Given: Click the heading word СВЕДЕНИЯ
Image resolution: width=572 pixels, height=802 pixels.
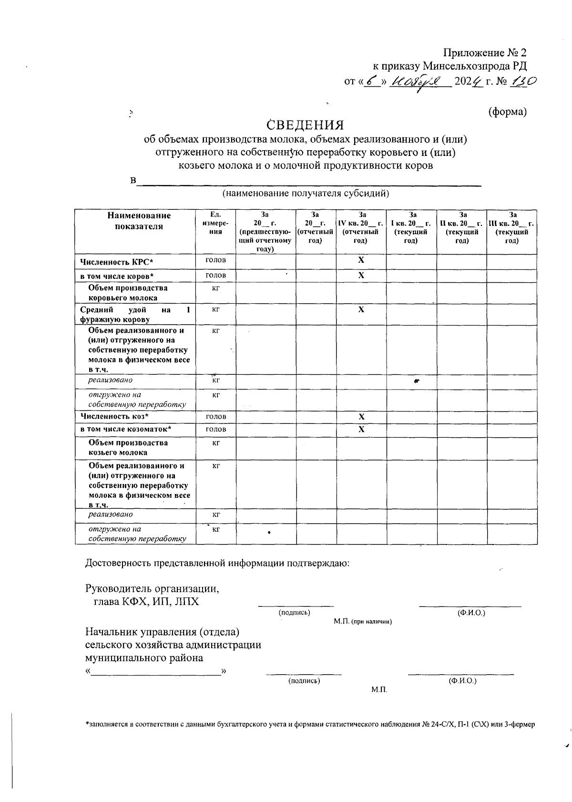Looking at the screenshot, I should pos(306,125).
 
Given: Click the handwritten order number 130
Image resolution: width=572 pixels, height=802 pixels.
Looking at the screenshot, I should pos(524,81).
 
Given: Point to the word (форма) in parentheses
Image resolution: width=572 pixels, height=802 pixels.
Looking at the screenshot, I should pos(508,112).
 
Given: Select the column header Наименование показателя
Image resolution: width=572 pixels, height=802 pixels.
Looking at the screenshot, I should pos(139,221).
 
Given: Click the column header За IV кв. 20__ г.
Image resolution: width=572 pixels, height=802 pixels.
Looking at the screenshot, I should pos(361,227).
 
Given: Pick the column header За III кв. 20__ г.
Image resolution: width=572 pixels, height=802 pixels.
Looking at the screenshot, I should pos(512,227).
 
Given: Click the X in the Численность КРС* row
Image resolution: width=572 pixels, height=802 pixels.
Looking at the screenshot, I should pos(361,260).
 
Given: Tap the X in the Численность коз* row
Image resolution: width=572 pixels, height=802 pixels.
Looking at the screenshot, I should pos(361,417).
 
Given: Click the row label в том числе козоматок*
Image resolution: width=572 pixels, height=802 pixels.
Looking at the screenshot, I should pos(126,430).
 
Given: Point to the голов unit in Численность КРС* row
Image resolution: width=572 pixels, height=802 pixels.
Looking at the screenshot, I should pos(215,260).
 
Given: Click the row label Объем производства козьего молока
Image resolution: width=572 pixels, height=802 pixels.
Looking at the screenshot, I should pos(128,447).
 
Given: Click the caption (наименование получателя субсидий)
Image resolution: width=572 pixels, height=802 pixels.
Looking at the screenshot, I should pos(306,193).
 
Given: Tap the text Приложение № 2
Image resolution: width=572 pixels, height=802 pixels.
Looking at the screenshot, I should pos(485,52).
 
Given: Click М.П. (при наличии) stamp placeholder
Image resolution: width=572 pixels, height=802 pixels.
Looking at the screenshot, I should pos(363,622).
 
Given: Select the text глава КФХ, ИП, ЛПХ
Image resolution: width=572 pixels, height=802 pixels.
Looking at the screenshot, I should pos(146,602).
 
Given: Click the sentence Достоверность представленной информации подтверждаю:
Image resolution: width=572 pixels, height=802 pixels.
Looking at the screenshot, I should pos(217,563).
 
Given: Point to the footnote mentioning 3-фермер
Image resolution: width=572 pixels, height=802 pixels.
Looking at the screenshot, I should pos(310,724).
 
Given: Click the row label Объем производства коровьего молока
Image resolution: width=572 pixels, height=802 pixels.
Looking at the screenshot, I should pos(128,293).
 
